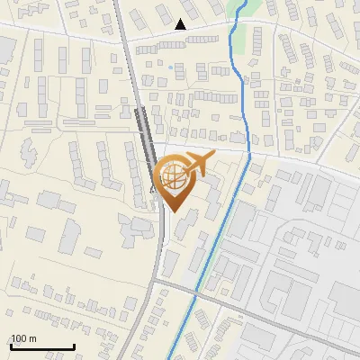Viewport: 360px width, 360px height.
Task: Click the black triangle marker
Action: click(x=181, y=24)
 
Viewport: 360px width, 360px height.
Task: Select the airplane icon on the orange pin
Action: click(x=196, y=165)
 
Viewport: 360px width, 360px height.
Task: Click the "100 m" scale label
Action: click(x=23, y=338)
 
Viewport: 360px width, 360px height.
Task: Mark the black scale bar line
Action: click(x=42, y=346)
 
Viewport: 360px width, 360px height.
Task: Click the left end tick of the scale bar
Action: click(x=11, y=345)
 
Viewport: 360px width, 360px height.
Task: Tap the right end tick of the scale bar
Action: click(x=74, y=345)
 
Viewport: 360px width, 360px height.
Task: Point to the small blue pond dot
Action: click(x=170, y=67)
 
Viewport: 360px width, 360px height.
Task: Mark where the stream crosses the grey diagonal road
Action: click(x=195, y=291)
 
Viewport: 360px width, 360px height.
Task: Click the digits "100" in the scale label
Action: click(x=19, y=338)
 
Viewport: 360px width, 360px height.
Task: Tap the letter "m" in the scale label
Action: click(x=31, y=339)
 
